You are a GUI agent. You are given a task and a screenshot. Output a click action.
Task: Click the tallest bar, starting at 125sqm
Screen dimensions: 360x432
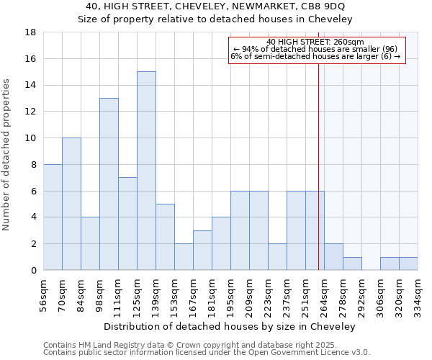[146, 171]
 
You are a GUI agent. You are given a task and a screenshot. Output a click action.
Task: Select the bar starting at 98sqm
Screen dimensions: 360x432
[109, 184]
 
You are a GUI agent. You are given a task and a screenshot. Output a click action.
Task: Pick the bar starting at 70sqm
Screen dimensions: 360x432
[71, 204]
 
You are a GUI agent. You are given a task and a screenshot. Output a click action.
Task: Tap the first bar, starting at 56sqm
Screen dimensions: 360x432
[53, 217]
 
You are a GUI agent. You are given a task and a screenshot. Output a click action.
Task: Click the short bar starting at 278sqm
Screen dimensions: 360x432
[352, 264]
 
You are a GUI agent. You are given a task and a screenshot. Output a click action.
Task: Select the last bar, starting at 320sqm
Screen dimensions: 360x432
[408, 264]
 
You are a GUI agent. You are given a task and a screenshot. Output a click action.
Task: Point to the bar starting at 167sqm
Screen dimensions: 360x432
[202, 250]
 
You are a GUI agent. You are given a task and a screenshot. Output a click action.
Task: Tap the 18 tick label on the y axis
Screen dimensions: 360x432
[31, 32]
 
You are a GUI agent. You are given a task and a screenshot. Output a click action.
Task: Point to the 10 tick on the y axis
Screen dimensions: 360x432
[31, 138]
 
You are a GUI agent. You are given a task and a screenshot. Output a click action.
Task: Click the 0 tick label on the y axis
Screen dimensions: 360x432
[33, 271]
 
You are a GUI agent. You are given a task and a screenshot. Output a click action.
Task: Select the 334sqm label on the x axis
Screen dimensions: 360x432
[418, 294]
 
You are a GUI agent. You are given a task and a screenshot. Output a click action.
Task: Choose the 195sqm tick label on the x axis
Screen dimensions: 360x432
[231, 294]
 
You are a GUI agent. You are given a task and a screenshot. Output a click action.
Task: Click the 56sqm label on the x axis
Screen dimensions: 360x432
[44, 294]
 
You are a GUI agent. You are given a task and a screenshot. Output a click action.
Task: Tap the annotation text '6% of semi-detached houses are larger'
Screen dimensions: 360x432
[315, 56]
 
